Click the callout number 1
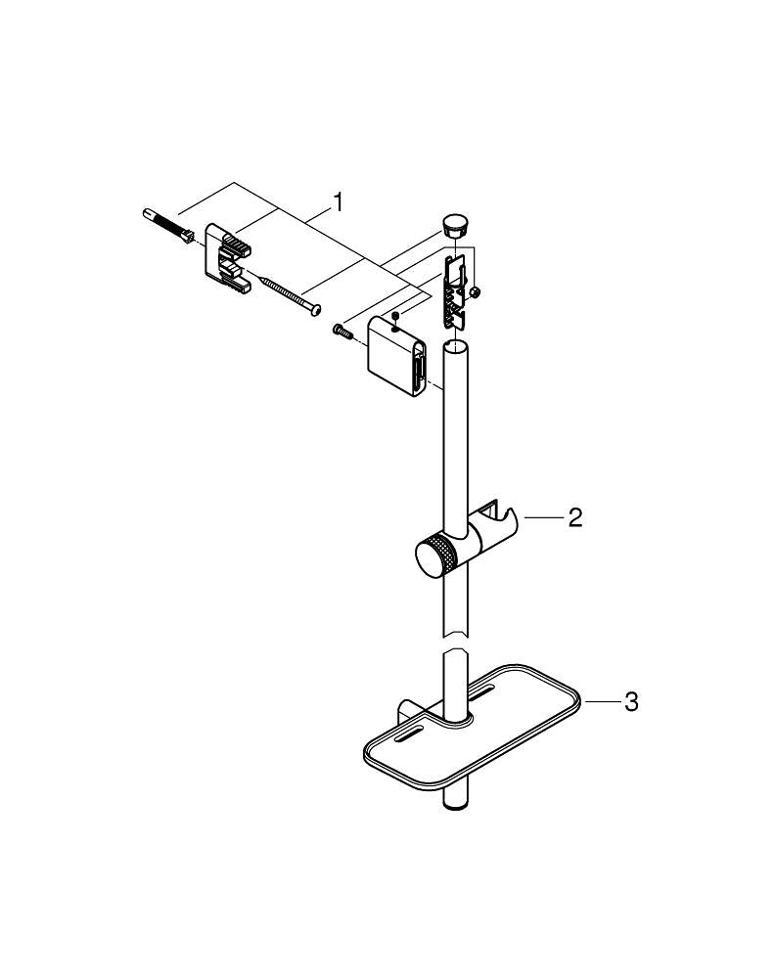click(x=338, y=203)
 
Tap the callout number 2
click(x=575, y=518)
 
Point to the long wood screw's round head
click(x=312, y=312)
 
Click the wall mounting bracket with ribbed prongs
click(x=227, y=259)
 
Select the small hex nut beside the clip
click(x=475, y=292)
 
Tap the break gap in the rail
click(x=455, y=645)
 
